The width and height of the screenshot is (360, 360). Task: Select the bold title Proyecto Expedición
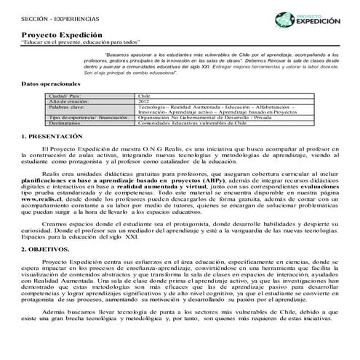pyautogui.click(x=57, y=35)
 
